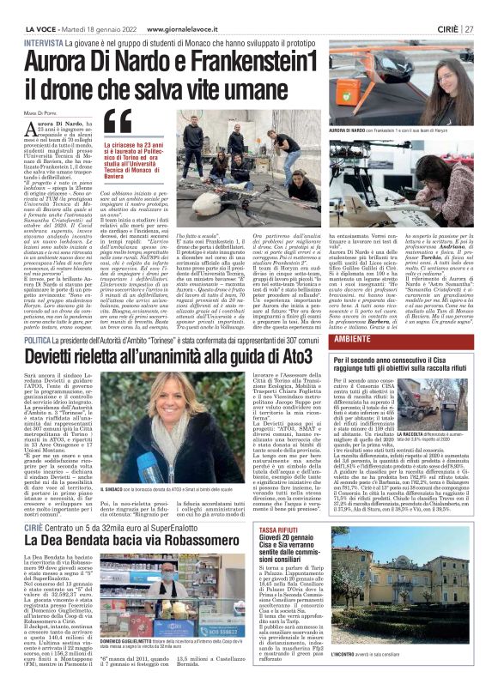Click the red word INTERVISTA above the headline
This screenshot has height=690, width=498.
44,42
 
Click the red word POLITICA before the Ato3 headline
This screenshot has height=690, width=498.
41,339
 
